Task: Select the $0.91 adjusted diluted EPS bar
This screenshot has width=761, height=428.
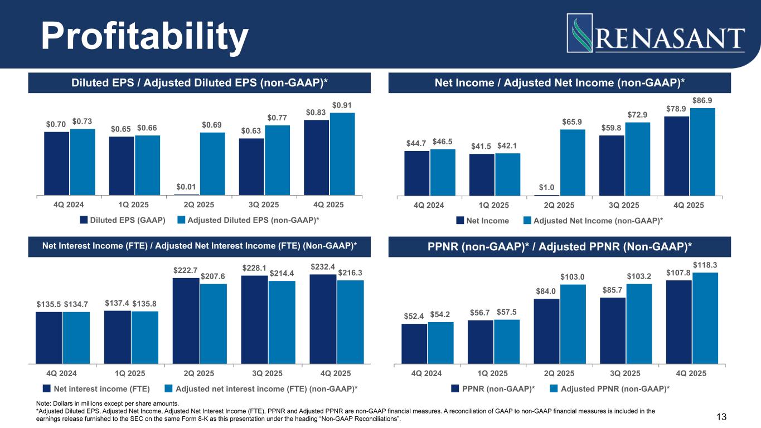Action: click(342, 153)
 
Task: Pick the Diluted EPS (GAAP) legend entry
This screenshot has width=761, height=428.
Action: click(123, 220)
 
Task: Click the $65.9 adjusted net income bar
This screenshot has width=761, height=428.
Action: click(573, 162)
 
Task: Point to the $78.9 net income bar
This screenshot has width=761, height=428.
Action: click(676, 156)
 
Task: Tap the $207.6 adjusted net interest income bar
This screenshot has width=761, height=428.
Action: click(213, 324)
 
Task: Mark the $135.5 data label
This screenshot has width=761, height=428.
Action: click(49, 304)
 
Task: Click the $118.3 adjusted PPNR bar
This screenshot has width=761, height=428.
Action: click(705, 318)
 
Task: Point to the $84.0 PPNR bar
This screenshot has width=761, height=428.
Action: click(546, 331)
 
